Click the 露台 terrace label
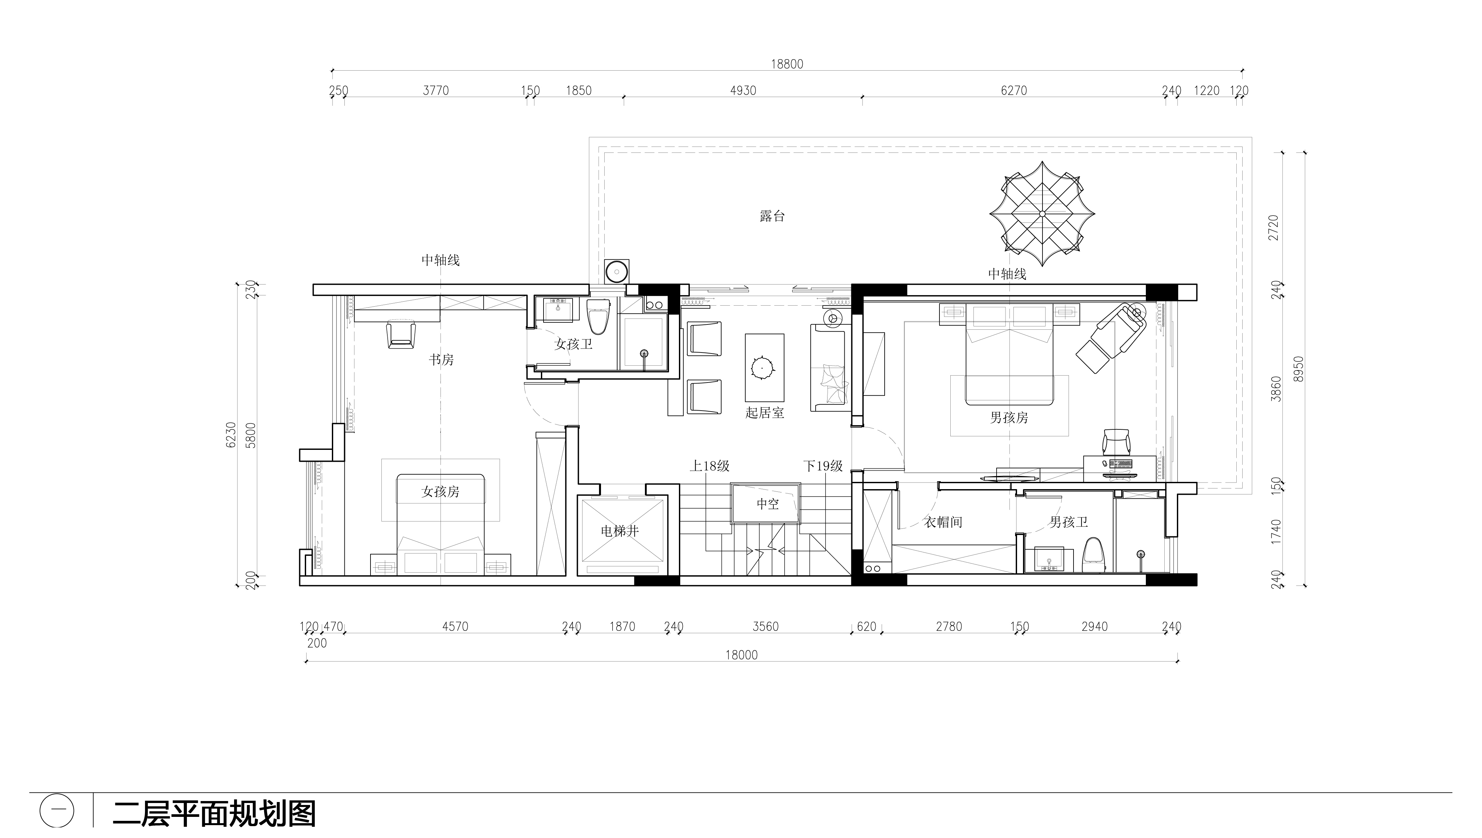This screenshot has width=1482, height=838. click(772, 217)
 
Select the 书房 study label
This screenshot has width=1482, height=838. click(441, 360)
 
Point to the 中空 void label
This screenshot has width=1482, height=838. click(767, 504)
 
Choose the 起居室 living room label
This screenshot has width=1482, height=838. click(764, 412)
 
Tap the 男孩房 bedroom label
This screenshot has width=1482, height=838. click(1009, 417)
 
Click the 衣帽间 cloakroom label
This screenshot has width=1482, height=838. click(943, 522)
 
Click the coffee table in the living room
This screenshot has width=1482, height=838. click(764, 367)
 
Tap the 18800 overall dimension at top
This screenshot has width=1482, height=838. click(787, 64)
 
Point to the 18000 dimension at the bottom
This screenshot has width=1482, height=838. click(742, 655)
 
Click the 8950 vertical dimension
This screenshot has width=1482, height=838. click(1298, 369)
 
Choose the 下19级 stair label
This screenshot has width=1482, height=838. click(823, 466)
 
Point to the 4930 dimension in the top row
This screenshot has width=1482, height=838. click(743, 90)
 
